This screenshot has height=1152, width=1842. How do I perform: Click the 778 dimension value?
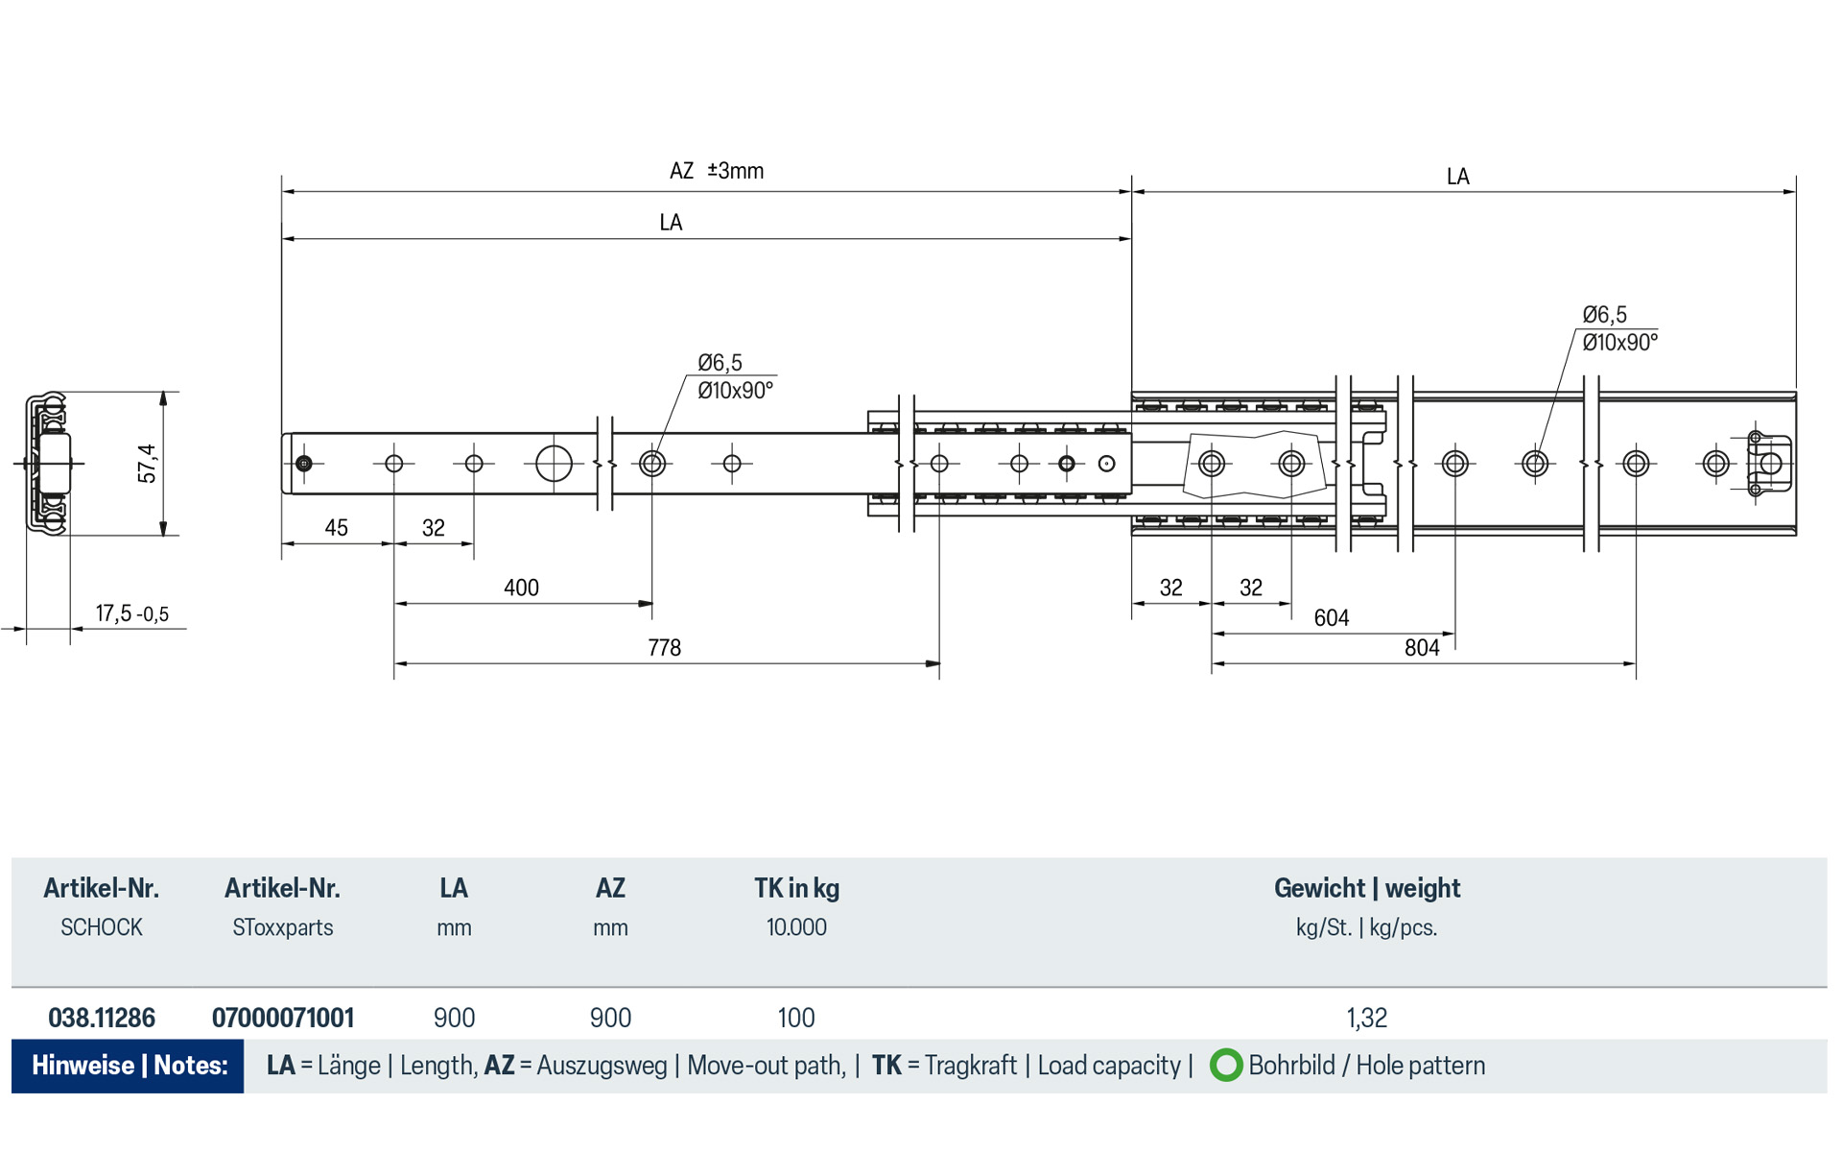(x=664, y=648)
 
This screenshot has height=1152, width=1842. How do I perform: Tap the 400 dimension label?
(x=521, y=588)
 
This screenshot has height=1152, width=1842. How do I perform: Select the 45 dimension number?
(x=336, y=528)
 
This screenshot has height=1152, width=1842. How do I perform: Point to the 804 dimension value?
(x=1422, y=648)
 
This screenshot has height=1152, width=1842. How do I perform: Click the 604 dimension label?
(x=1331, y=618)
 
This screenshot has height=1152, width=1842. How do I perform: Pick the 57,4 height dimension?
(x=147, y=463)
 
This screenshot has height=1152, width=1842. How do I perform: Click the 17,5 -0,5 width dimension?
(x=131, y=613)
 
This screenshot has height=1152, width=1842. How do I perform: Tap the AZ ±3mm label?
(x=716, y=171)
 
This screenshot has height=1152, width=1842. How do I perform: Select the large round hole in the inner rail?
(x=554, y=464)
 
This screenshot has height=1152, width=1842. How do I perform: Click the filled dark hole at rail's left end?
(x=304, y=464)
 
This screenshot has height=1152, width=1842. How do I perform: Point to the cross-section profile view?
(x=48, y=463)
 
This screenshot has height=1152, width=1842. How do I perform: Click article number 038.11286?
(x=102, y=1018)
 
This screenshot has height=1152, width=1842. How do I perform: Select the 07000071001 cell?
(x=283, y=1018)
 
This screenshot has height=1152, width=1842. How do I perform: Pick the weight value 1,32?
(x=1366, y=1018)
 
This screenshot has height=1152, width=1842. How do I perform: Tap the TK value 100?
(x=795, y=1018)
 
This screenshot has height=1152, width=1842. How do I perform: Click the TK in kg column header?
(x=796, y=888)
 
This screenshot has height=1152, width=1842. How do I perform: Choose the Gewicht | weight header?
(x=1366, y=888)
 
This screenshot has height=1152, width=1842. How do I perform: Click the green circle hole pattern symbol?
(x=1225, y=1066)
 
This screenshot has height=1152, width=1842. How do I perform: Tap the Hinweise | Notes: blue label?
(x=129, y=1066)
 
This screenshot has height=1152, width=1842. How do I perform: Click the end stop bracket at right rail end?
(x=1768, y=464)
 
